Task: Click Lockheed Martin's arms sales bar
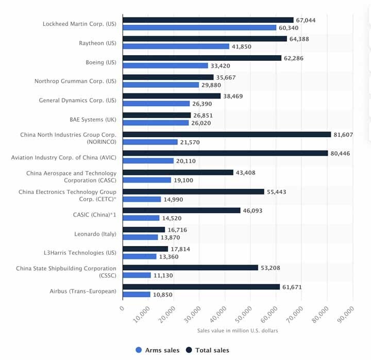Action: [200, 27]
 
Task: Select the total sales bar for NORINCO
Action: [227, 134]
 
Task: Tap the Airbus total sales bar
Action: [201, 287]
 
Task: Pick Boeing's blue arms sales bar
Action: [165, 66]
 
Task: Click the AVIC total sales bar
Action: [225, 153]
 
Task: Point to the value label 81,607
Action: [344, 134]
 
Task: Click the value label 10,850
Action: [163, 294]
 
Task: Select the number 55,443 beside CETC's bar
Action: [278, 191]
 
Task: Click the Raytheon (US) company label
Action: [97, 43]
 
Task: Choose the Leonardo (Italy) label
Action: [96, 234]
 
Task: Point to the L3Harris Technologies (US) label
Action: [80, 253]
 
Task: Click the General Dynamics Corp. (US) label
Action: [78, 100]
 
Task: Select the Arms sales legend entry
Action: [158, 350]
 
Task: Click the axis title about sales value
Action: [238, 331]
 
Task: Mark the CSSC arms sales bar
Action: [137, 275]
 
